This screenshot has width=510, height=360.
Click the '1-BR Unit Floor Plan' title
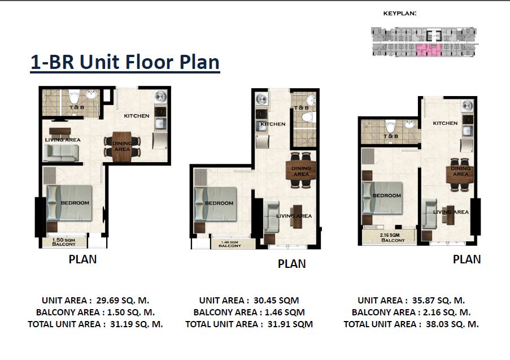tap(125, 63)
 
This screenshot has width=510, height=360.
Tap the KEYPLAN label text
tap(400, 14)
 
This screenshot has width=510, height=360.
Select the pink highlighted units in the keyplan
tap(429, 50)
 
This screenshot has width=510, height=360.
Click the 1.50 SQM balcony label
tap(64, 242)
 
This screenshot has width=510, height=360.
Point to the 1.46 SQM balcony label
tap(230, 244)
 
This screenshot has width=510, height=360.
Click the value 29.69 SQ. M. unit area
tap(123, 300)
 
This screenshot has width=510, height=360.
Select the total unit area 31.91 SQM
tap(290, 324)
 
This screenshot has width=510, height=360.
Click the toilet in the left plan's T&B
tap(75, 96)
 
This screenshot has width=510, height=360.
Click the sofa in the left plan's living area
tap(61, 153)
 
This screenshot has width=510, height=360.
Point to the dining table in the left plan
tap(123, 146)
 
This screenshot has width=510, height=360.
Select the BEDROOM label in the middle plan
tap(219, 203)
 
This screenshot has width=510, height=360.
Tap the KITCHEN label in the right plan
tap(445, 123)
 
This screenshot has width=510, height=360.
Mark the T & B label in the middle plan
tap(301, 107)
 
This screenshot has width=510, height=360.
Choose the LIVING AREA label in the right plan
tap(451, 212)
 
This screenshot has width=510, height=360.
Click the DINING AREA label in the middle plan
tap(301, 171)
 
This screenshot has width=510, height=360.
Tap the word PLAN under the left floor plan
tap(82, 259)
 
